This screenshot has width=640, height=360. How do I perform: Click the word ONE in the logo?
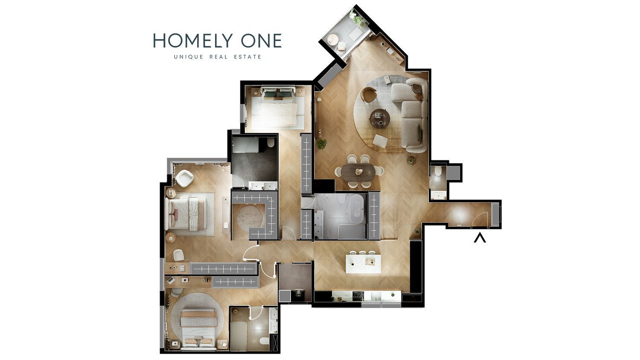[x=262, y=41]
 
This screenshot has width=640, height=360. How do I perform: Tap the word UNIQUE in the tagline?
[x=189, y=57]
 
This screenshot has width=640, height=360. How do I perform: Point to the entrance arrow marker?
[x=480, y=238]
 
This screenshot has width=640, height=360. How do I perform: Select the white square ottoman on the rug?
[x=380, y=141]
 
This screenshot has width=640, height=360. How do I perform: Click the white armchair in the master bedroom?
[x=184, y=178]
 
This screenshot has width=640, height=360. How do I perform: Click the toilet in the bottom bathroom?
[x=265, y=341]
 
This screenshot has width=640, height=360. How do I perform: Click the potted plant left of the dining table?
[x=321, y=144]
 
